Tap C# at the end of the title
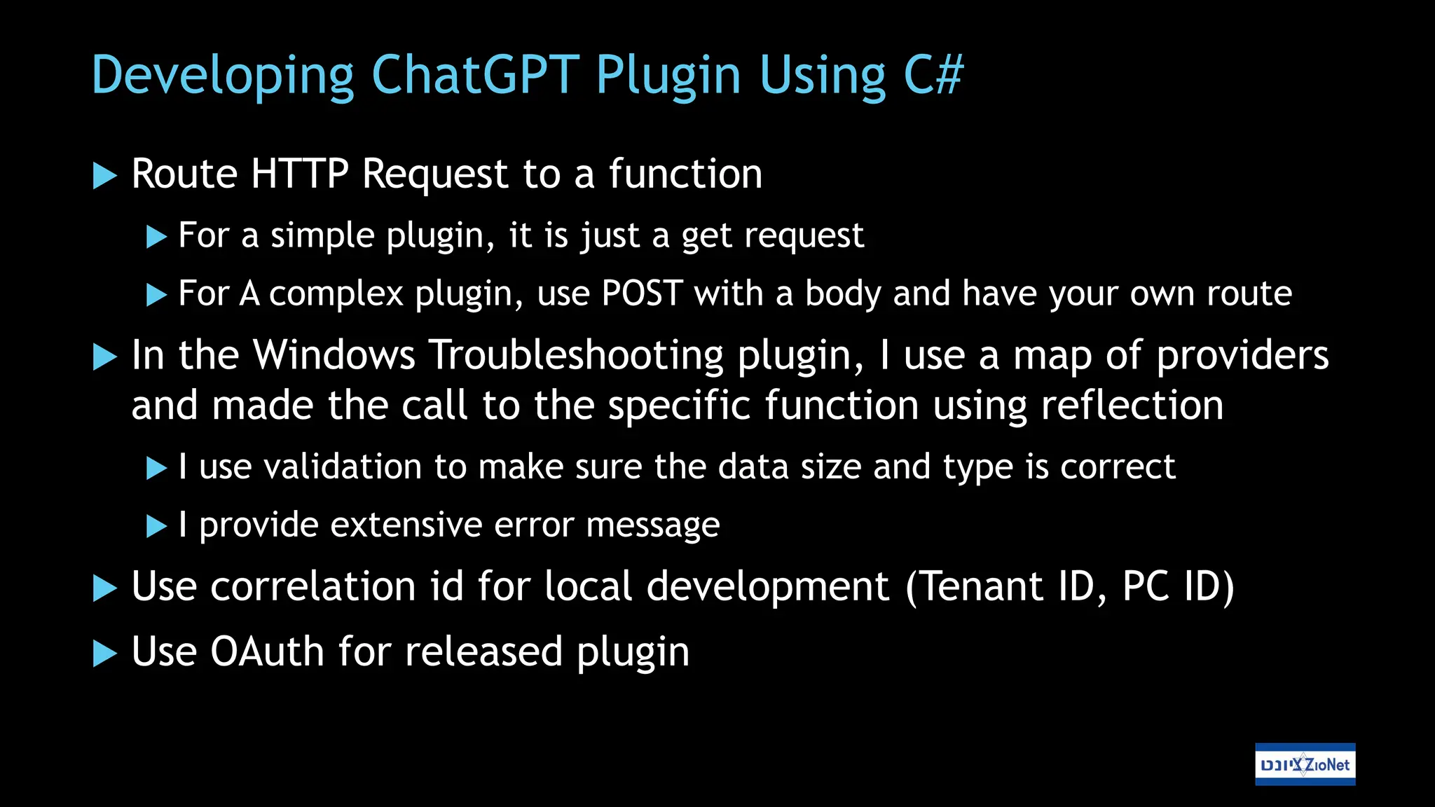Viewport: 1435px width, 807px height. [x=933, y=75]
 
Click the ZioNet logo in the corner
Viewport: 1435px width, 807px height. [x=1305, y=764]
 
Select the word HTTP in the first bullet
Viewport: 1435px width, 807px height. [x=299, y=174]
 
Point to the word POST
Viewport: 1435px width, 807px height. [x=642, y=294]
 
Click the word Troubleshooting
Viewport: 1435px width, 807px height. [x=576, y=355]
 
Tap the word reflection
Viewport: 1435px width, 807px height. [x=1132, y=406]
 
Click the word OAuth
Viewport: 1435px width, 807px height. [x=268, y=651]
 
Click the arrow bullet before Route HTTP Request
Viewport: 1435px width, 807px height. [x=104, y=175]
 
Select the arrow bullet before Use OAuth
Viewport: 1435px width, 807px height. [x=104, y=653]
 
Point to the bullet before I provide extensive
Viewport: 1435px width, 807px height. [x=156, y=526]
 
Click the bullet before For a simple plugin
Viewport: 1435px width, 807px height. [x=156, y=237]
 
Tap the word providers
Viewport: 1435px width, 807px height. [x=1242, y=355]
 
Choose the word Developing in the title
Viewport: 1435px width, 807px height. [x=223, y=75]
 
